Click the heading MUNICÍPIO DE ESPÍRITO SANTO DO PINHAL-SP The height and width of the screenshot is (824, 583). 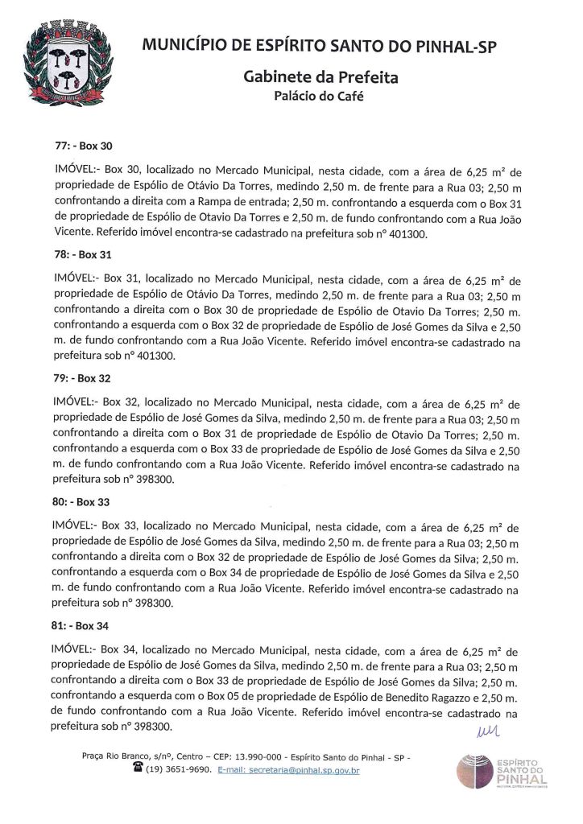point(320,47)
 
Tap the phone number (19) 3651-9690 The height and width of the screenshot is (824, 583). point(176,771)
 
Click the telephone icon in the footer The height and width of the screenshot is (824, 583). point(138,770)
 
